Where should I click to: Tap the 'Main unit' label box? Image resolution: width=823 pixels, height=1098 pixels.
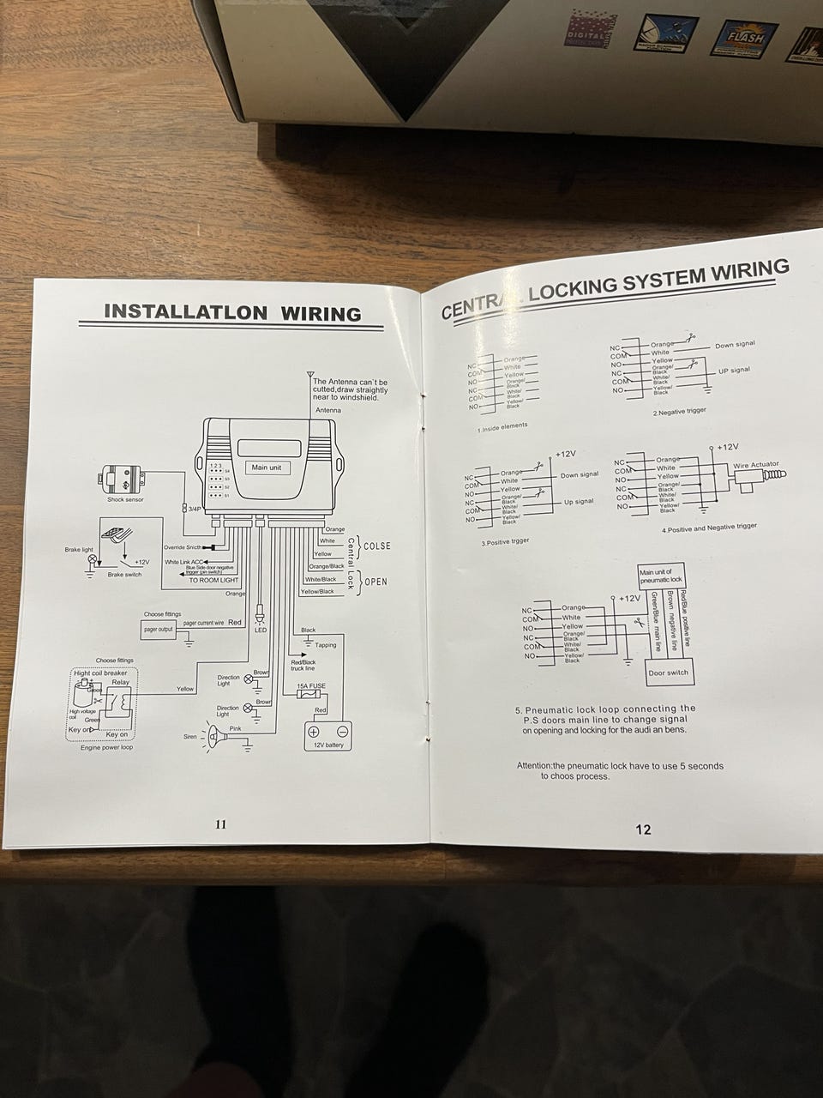(x=266, y=468)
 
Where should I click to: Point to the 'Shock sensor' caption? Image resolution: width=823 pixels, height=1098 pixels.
(x=125, y=499)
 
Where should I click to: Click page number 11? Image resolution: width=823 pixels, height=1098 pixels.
(x=220, y=824)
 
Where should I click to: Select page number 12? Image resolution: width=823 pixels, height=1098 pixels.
(x=643, y=829)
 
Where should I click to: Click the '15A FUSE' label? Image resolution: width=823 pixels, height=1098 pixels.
(x=310, y=686)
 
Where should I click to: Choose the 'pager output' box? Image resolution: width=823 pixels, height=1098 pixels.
(x=158, y=629)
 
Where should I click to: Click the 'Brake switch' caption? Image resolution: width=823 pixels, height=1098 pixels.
(x=124, y=574)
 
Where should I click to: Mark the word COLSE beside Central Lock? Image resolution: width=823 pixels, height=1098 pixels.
(x=377, y=546)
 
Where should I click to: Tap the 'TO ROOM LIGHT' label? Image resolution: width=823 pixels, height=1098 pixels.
(x=213, y=581)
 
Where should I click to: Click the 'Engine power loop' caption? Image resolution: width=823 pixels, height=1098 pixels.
(x=107, y=747)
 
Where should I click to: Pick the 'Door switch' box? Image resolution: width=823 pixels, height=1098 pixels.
(x=668, y=673)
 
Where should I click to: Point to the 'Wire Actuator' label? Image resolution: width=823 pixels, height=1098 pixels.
(x=755, y=465)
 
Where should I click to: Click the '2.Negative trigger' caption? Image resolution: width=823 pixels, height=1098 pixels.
(x=679, y=412)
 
